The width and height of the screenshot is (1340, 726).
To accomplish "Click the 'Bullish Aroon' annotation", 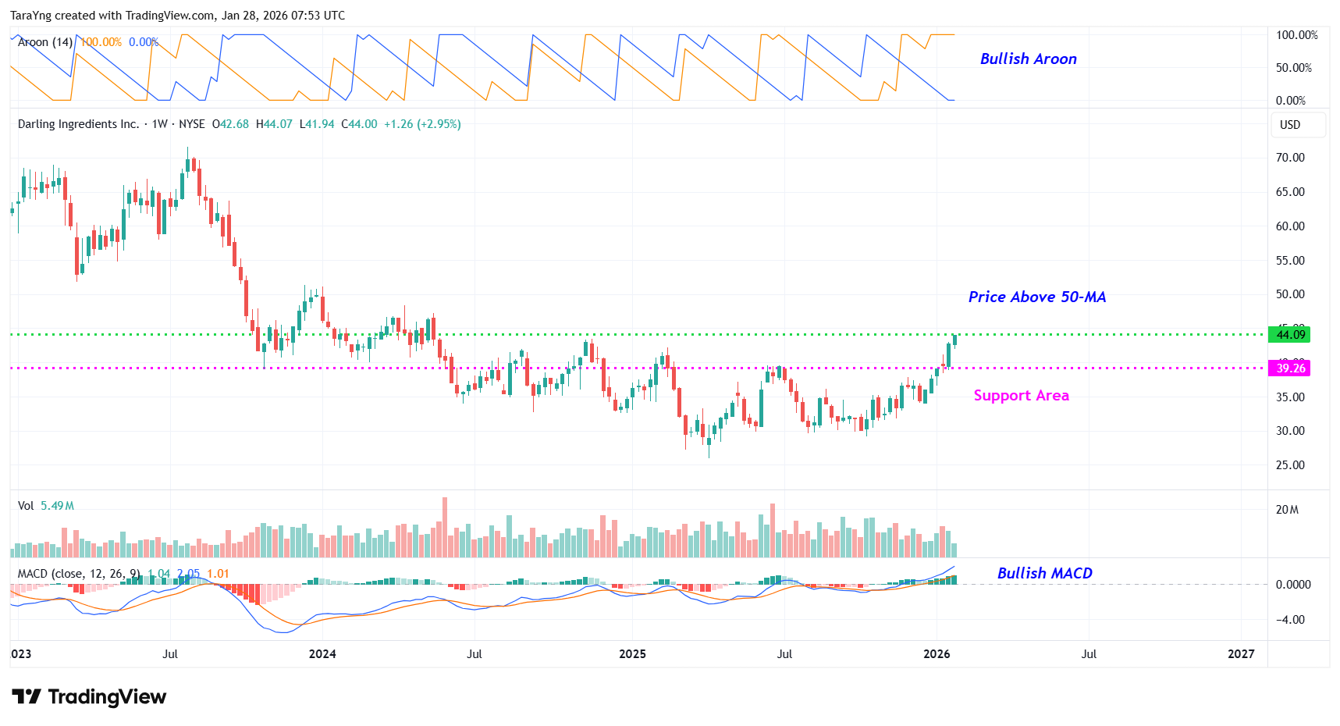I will (x=1028, y=59).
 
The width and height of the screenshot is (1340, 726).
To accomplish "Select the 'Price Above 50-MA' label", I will (x=1036, y=297).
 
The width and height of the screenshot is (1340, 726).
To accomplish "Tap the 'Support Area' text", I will (x=1021, y=396).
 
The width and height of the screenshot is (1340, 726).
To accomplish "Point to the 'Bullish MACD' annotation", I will (x=1044, y=574).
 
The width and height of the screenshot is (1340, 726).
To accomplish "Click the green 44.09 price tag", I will (x=1289, y=335).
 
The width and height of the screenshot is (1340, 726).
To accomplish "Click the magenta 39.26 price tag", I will (x=1289, y=368).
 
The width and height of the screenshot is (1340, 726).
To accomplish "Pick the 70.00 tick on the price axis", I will (x=1289, y=158).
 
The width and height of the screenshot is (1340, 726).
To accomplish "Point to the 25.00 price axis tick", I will (x=1289, y=465).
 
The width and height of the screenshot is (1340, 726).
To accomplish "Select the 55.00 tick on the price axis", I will (x=1289, y=261).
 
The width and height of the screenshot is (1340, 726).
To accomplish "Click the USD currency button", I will (x=1290, y=125).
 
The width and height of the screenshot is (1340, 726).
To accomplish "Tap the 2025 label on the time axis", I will (x=632, y=654).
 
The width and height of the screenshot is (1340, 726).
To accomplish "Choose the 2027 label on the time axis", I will (x=1240, y=654).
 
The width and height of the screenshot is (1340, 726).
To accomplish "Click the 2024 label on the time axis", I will (x=322, y=654).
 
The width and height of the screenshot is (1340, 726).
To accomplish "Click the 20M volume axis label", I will (x=1287, y=510).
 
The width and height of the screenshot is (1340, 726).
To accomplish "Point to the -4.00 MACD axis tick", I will (x=1292, y=620).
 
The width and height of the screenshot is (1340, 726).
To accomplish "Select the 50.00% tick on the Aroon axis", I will (x=1293, y=68).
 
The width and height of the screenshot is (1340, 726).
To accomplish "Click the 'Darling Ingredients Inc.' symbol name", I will (x=78, y=124).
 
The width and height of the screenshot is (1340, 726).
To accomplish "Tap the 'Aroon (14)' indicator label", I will (x=45, y=42).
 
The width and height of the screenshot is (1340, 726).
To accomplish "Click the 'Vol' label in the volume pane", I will (x=26, y=506).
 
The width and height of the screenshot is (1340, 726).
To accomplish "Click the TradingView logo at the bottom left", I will (x=89, y=696).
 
